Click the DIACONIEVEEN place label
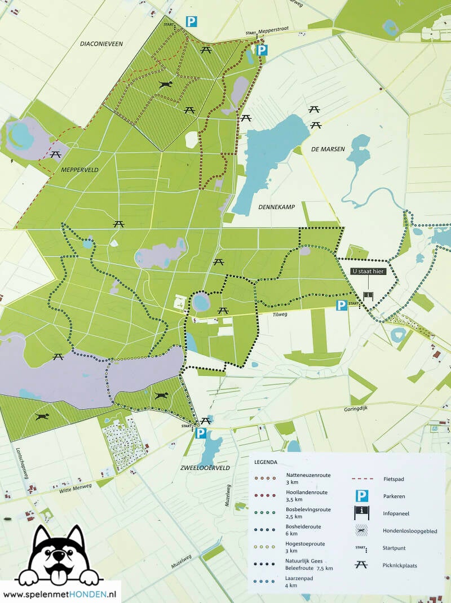(x=101, y=43)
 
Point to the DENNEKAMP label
(x=277, y=207)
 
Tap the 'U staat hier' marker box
(x=368, y=271)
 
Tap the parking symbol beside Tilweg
(x=342, y=305)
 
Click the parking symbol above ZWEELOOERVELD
(x=201, y=433)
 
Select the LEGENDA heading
(x=266, y=462)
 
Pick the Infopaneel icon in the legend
(x=361, y=513)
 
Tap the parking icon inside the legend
(x=361, y=496)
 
